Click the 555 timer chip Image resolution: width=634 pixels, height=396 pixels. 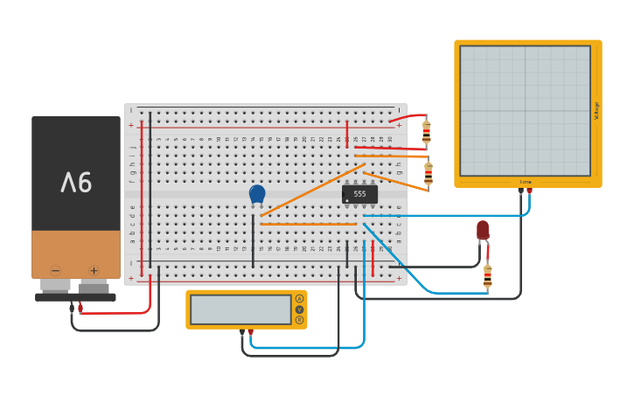point(359,194)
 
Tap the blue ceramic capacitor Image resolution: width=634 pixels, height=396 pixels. point(256,194)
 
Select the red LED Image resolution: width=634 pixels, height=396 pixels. point(483,230)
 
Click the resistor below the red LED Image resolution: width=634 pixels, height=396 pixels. point(487,276)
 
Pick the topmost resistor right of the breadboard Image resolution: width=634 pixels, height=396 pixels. point(426,132)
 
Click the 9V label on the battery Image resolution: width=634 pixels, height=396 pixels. point(76,182)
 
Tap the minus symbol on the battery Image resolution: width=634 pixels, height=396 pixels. point(55,270)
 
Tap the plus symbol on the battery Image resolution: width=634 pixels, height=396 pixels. point(94,270)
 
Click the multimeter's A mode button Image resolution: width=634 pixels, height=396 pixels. point(299,298)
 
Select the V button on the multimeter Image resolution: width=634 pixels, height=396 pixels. point(299,309)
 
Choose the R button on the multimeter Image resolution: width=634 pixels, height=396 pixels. point(299,320)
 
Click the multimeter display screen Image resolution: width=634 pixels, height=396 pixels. point(240,309)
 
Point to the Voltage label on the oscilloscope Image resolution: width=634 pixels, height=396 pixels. point(596,111)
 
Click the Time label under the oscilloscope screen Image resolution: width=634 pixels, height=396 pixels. point(525,182)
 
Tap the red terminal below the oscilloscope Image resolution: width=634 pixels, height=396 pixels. point(529,190)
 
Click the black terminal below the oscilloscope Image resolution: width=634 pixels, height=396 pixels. point(520,190)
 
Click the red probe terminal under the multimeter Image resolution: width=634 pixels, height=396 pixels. point(250,332)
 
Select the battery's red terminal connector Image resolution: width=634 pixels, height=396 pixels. point(80,307)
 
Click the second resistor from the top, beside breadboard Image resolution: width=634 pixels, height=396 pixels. point(428,172)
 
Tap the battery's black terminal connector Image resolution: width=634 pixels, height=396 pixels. point(72,307)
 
